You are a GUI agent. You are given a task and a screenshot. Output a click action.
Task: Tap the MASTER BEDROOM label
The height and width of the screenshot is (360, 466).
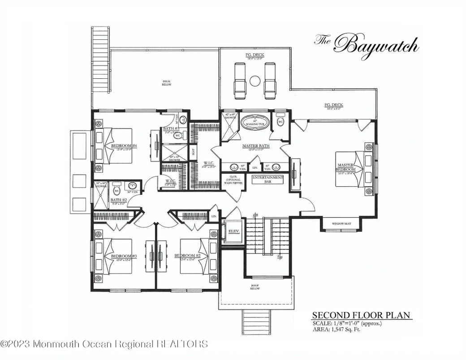pyautogui.click(x=346, y=167)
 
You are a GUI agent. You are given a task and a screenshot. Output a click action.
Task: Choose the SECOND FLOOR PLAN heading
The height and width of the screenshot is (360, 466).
pyautogui.click(x=361, y=315)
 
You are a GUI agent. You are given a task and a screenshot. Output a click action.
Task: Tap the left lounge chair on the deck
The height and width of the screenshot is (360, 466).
pyautogui.click(x=240, y=81)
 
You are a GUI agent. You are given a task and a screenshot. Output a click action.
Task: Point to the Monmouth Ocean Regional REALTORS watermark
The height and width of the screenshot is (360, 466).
pyautogui.click(x=104, y=344)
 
